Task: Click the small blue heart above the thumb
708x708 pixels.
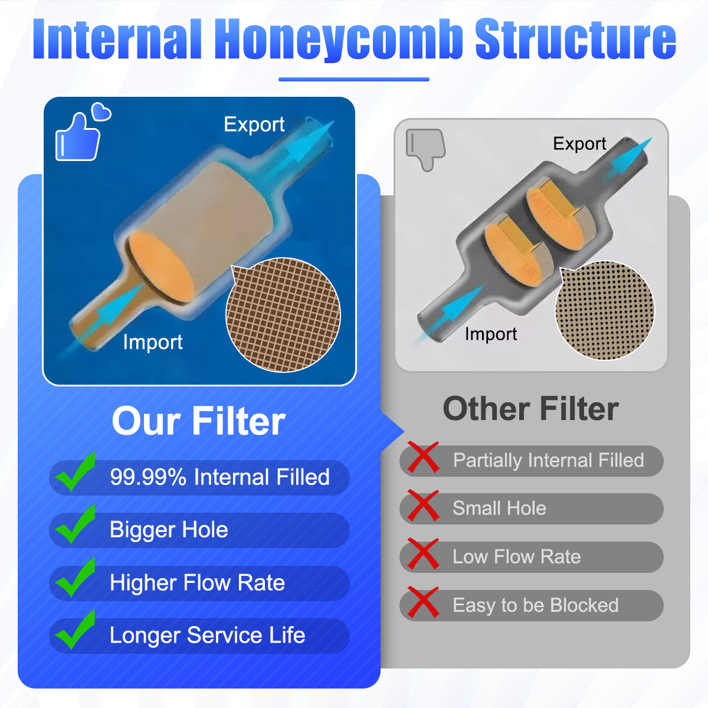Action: [101, 112]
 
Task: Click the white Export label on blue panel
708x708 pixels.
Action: [254, 124]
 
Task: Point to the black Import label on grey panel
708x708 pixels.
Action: [491, 335]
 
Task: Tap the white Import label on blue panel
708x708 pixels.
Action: [153, 342]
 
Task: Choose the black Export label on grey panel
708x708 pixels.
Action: [579, 143]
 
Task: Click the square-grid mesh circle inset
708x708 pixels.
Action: [283, 315]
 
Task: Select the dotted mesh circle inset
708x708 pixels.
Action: [605, 311]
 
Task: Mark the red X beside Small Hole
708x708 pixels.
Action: [423, 506]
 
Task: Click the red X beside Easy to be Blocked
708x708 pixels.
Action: [423, 602]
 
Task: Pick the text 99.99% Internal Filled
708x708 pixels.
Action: [219, 477]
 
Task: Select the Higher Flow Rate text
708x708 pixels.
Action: [197, 583]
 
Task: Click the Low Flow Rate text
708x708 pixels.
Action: [517, 556]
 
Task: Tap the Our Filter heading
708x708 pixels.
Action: [198, 421]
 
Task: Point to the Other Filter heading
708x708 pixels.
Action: [531, 409]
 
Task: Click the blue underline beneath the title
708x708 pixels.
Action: [354, 79]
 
